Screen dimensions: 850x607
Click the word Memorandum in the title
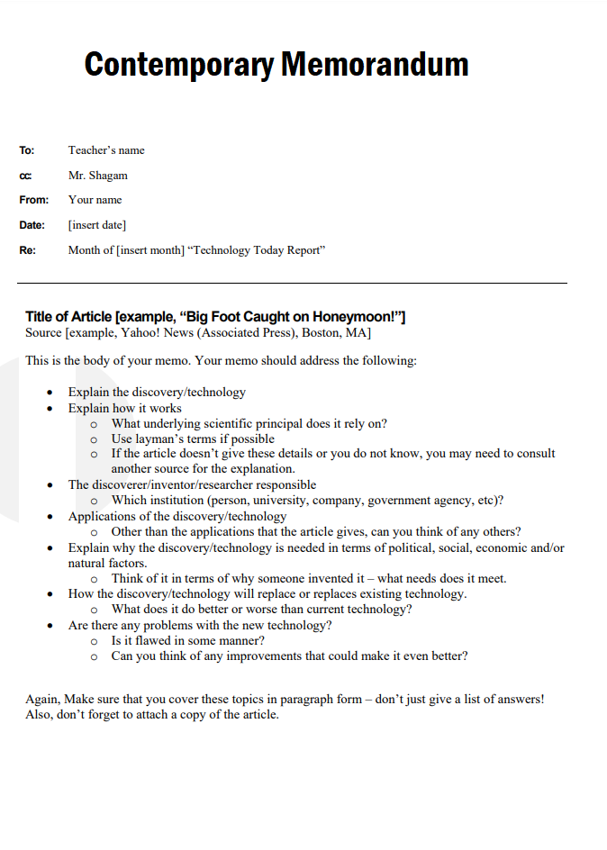pyautogui.click(x=375, y=65)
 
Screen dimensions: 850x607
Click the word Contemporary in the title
pyautogui.click(x=179, y=65)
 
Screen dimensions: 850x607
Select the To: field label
pyautogui.click(x=26, y=150)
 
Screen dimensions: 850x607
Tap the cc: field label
pyautogui.click(x=25, y=176)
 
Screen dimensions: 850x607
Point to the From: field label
pyautogui.click(x=34, y=200)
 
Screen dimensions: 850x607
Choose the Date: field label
pyautogui.click(x=32, y=225)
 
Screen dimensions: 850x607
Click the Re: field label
pyautogui.click(x=27, y=250)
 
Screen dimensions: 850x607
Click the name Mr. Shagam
pyautogui.click(x=98, y=176)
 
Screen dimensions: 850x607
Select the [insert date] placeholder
pyautogui.click(x=97, y=225)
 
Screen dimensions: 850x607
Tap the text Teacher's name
pyautogui.click(x=106, y=150)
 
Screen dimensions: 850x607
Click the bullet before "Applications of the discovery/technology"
pyautogui.click(x=50, y=517)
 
